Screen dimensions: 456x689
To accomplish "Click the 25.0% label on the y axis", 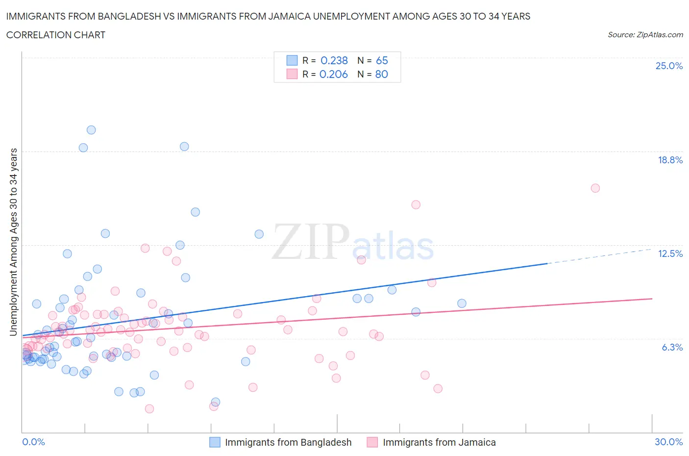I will pyautogui.click(x=669, y=66).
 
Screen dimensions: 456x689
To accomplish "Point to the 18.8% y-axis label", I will pyautogui.click(x=670, y=160).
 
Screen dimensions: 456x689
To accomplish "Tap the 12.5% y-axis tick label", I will pyautogui.click(x=670, y=253).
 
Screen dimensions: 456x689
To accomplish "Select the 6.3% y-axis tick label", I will pyautogui.click(x=672, y=347).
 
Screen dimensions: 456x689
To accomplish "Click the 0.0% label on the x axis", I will pyautogui.click(x=33, y=442).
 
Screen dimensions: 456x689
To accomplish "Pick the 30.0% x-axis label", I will pyautogui.click(x=668, y=442).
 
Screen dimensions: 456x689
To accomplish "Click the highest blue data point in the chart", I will pyautogui.click(x=91, y=130).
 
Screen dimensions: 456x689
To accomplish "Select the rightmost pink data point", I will pyautogui.click(x=595, y=188).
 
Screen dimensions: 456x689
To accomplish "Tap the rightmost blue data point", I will pyautogui.click(x=462, y=304).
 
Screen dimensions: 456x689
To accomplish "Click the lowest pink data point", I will pyautogui.click(x=149, y=409).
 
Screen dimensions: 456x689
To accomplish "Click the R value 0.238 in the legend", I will pyautogui.click(x=334, y=60).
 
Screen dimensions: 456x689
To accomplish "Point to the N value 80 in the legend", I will pyautogui.click(x=381, y=74).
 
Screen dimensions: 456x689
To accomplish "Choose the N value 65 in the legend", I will pyautogui.click(x=382, y=60).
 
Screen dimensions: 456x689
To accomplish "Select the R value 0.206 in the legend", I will pyautogui.click(x=333, y=74).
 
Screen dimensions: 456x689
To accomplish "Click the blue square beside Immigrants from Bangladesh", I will pyautogui.click(x=215, y=442).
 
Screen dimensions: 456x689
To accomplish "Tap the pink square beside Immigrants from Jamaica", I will pyautogui.click(x=372, y=442).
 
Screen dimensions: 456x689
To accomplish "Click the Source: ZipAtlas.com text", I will pyautogui.click(x=645, y=35).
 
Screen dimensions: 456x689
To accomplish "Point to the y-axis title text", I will pyautogui.click(x=14, y=242).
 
